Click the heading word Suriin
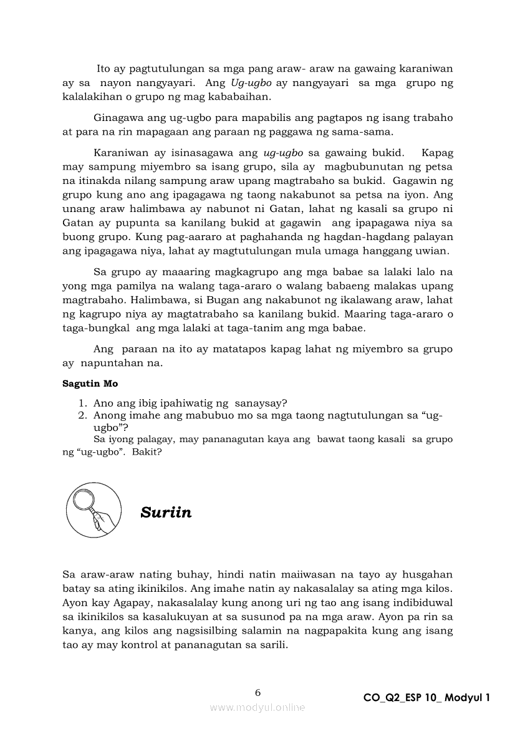(x=166, y=513)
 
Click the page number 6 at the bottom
(x=257, y=692)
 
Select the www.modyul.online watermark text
(x=257, y=708)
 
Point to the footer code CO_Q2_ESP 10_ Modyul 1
(x=427, y=698)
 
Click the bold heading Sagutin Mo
(x=90, y=383)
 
